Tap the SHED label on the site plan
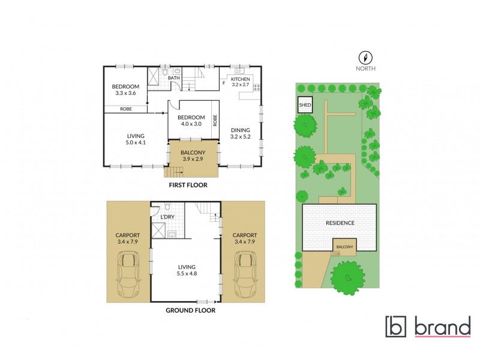pyautogui.click(x=305, y=105)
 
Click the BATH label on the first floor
pyautogui.click(x=173, y=78)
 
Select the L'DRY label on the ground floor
pyautogui.click(x=167, y=216)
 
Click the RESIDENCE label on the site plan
pyautogui.click(x=340, y=223)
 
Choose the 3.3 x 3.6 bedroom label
pyautogui.click(x=125, y=89)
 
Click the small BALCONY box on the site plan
pyautogui.click(x=344, y=246)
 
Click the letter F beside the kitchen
pyautogui.click(x=224, y=83)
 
